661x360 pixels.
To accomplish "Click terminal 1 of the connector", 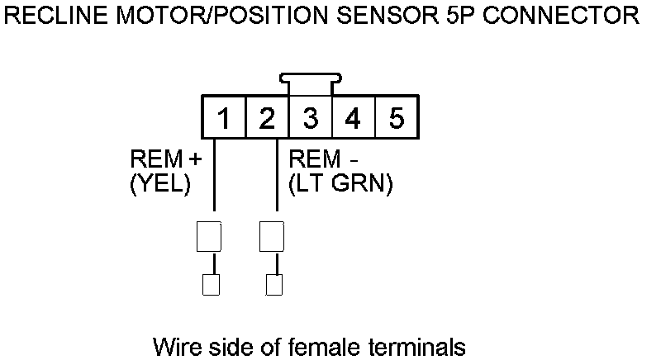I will (224, 118).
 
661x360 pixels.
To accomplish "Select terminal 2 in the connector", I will (267, 118).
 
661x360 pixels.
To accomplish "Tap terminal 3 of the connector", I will (310, 118).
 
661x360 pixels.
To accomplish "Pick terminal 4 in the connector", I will (353, 118).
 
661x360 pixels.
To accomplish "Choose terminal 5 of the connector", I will (396, 118).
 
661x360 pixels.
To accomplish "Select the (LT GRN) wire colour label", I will (340, 185).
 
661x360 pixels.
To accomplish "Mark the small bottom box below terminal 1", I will (211, 284).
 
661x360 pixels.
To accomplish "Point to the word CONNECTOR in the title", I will (562, 14).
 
